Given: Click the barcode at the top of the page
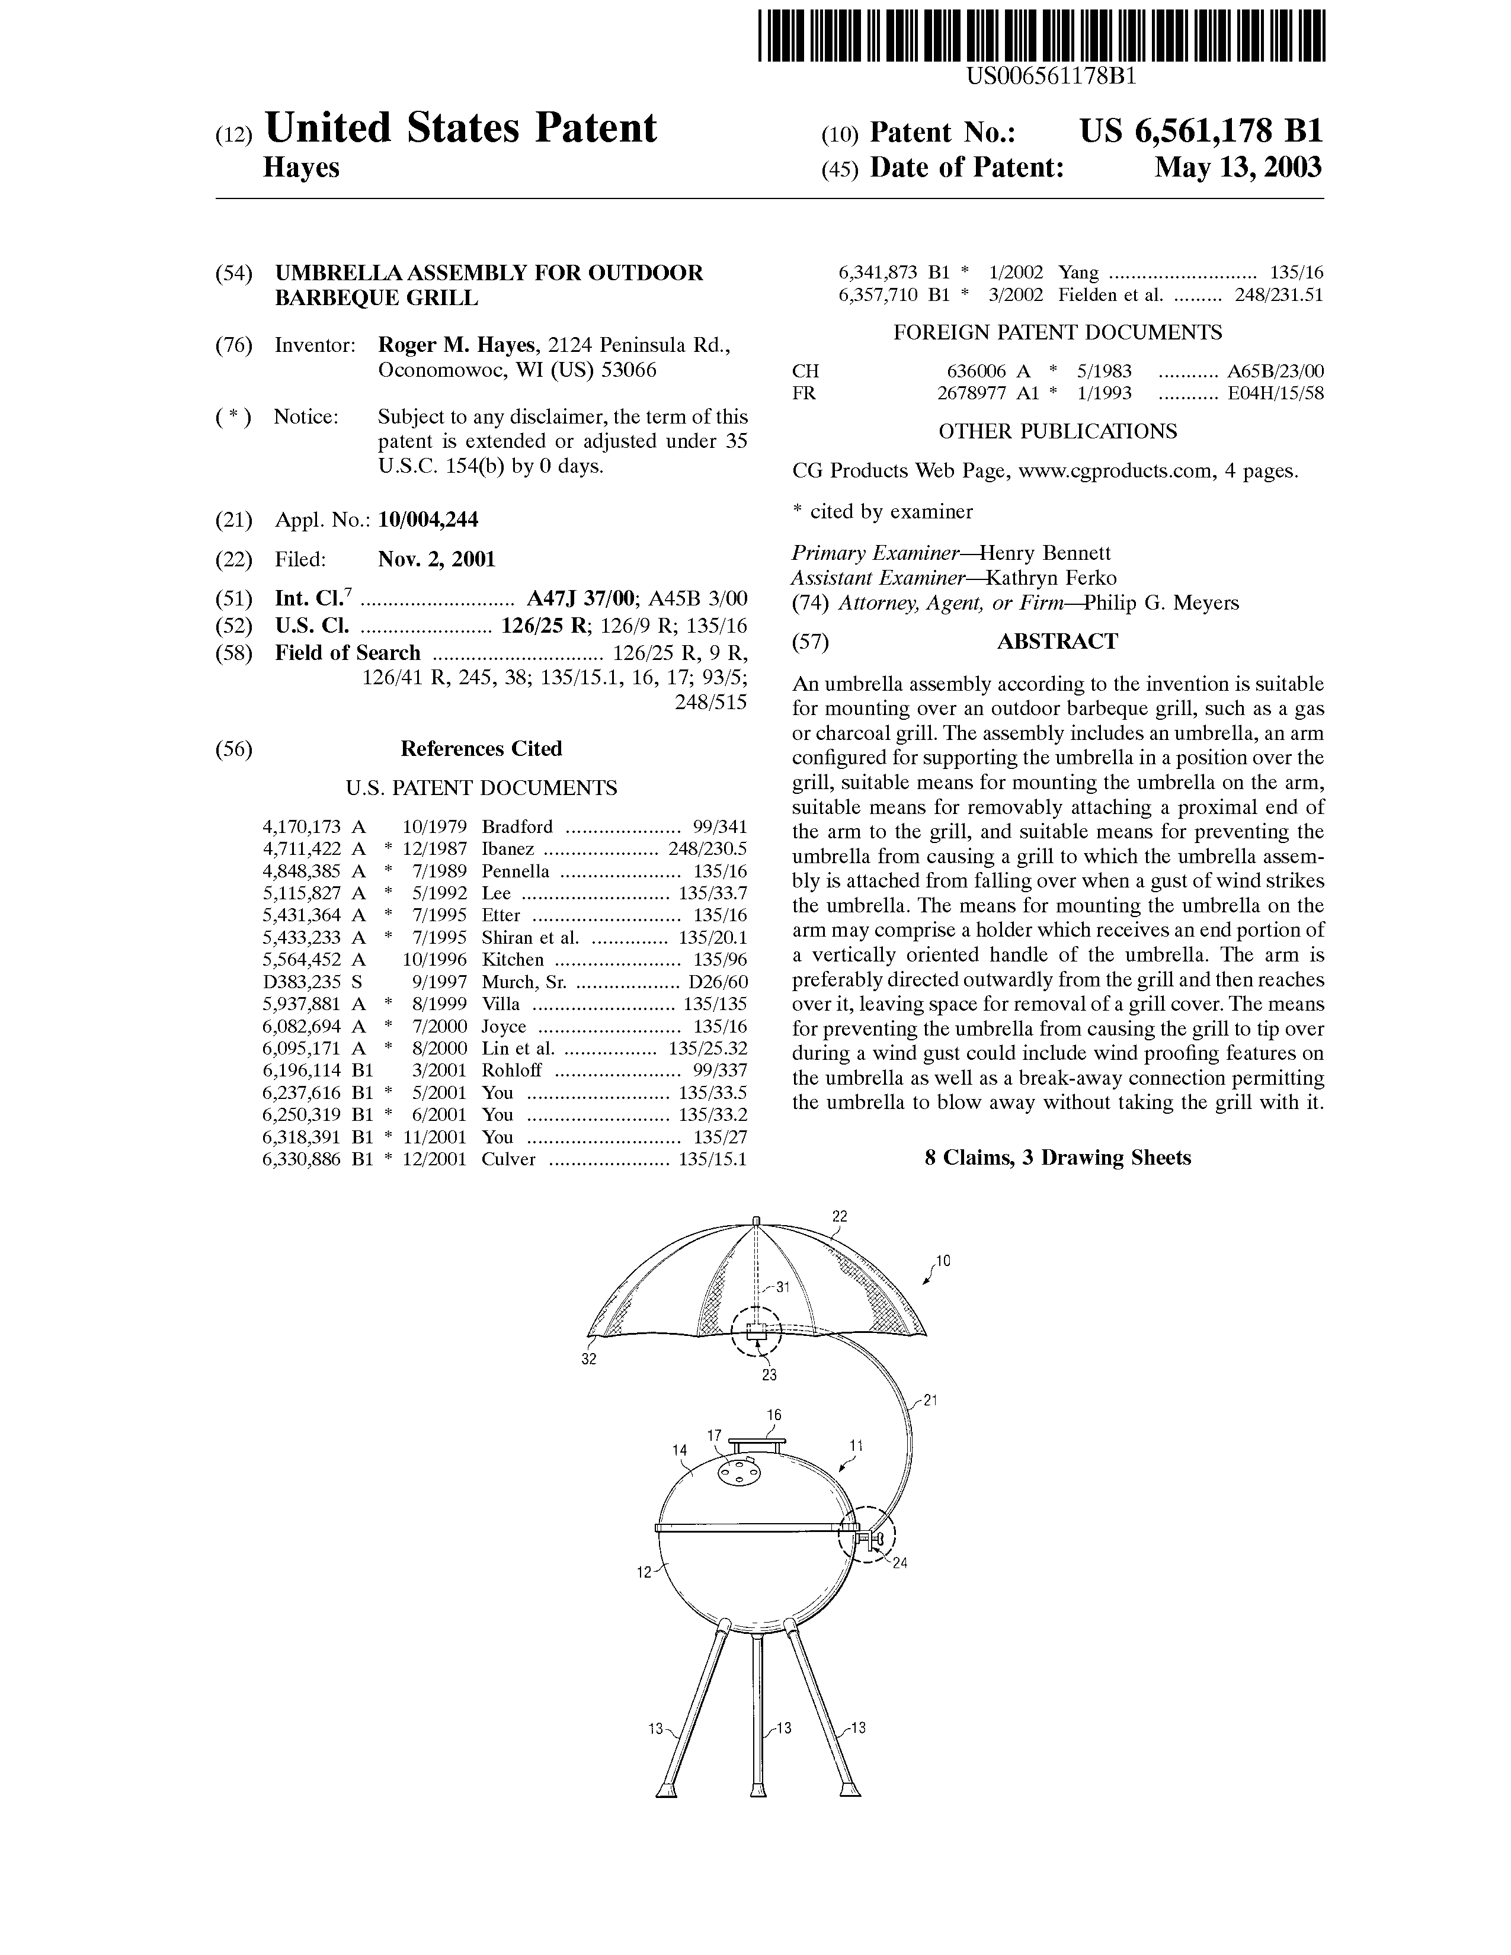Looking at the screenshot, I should pos(1041,35).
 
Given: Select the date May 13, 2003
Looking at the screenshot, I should pos(1237,168).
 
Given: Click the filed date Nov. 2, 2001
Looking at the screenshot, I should pos(436,559).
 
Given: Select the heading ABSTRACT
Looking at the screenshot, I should pos(1057,642).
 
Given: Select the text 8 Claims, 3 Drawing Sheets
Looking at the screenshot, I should pos(1057,1158).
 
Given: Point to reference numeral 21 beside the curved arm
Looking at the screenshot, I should pos(929,1401).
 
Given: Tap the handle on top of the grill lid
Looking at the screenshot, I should pos(757,1442).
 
